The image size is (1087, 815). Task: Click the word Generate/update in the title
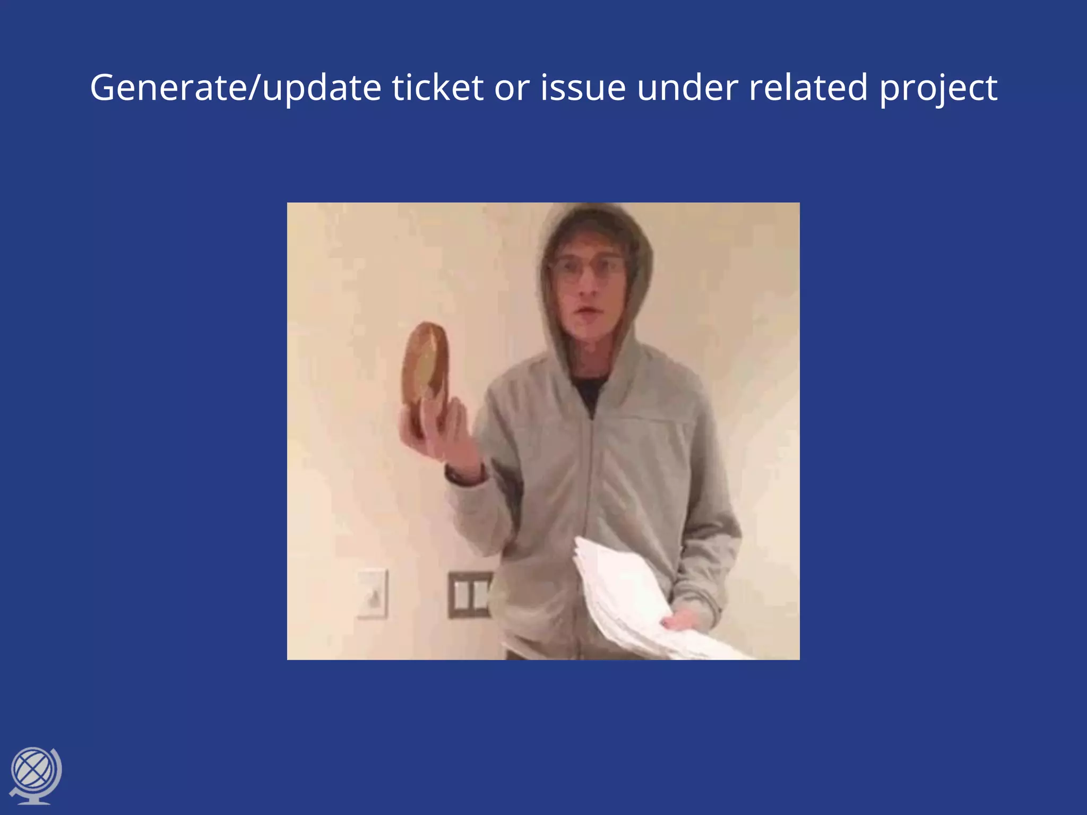coord(235,88)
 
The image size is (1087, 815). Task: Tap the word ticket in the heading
coord(437,88)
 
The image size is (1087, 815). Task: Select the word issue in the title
coord(583,88)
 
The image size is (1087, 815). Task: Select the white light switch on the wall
coord(373,594)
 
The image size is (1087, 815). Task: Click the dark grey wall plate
coord(469,594)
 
